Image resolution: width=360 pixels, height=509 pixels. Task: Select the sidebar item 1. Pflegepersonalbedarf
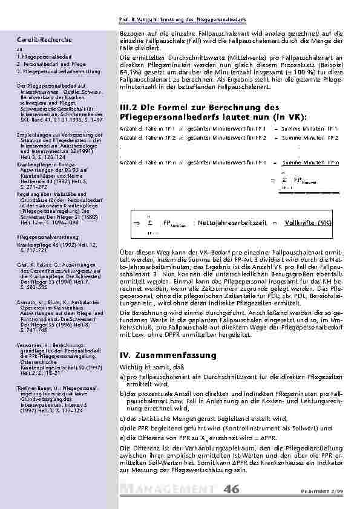[x=42, y=56]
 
